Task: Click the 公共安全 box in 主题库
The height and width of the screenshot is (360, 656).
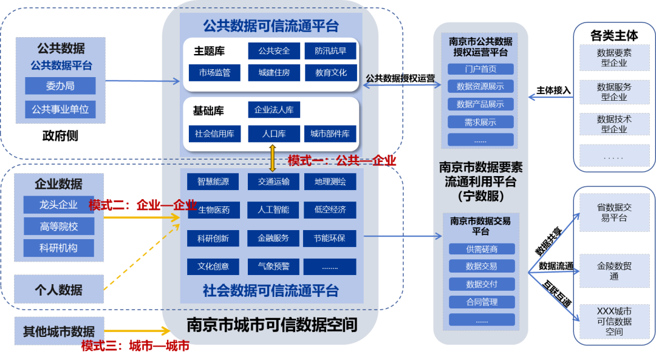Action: click(274, 51)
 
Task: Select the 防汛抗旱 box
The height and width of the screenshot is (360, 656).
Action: click(330, 51)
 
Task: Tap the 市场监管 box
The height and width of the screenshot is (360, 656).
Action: click(214, 73)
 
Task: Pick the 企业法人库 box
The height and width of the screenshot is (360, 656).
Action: click(274, 110)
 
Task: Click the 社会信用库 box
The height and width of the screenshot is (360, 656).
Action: click(214, 134)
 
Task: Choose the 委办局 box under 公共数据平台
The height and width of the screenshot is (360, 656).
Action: click(60, 86)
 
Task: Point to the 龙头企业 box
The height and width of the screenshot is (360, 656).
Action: click(58, 205)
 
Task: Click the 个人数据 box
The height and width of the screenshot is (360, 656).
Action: click(59, 290)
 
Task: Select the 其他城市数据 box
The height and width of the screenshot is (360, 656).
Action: click(59, 331)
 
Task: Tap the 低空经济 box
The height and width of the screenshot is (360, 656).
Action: click(330, 210)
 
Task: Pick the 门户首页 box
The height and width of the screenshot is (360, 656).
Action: click(480, 69)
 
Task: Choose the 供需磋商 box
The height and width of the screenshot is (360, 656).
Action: click(482, 249)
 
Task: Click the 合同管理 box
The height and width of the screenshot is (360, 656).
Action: click(482, 302)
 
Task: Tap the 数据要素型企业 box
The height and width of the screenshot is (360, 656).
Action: click(614, 58)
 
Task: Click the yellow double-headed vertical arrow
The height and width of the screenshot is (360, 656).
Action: click(273, 157)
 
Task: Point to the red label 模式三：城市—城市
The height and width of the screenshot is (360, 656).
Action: click(135, 346)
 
